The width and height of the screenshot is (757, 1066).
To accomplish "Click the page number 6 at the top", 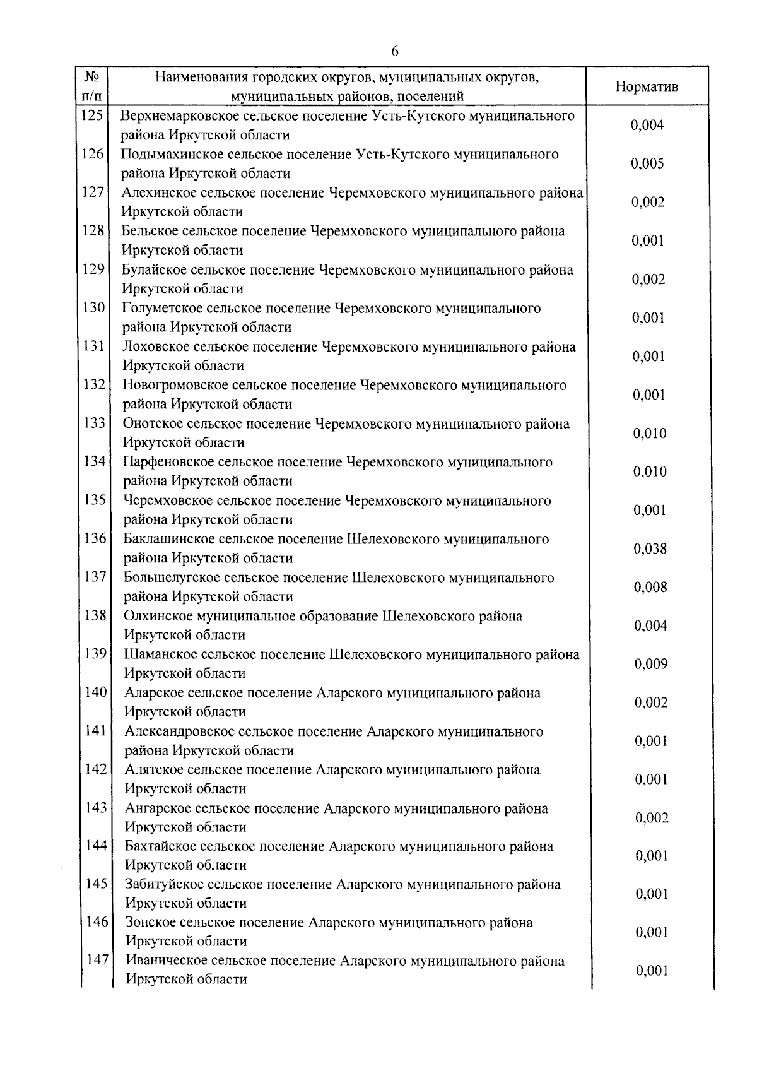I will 394,52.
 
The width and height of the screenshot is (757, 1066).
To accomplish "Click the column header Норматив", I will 647,86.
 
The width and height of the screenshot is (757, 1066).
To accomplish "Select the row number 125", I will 92,115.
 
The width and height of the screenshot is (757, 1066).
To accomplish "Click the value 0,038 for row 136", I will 650,548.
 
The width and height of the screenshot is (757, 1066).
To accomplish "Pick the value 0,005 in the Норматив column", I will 647,163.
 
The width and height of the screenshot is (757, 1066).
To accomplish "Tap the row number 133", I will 94,423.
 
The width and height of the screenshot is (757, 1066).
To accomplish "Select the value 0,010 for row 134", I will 650,471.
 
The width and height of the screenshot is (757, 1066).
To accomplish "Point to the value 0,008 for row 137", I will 650,587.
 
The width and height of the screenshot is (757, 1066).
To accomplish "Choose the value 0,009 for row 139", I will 651,664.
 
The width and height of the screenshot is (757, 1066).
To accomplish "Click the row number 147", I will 97,960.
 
